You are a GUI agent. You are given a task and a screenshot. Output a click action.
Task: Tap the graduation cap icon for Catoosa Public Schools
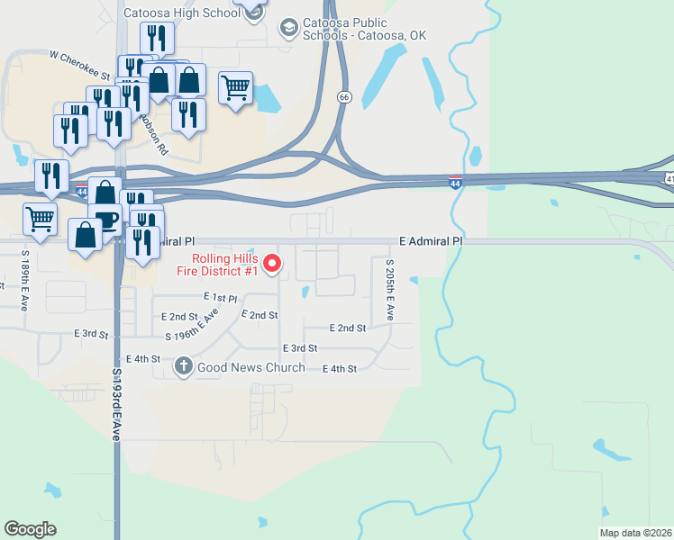(288, 27)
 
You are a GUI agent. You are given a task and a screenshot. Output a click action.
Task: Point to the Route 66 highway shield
(344, 96)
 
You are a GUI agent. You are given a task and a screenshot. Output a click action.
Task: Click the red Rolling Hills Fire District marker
(275, 265)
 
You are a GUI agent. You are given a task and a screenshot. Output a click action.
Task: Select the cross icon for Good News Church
(183, 366)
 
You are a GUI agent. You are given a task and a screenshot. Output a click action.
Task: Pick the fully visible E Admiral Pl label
(431, 241)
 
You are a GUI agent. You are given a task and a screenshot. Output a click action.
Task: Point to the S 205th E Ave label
(390, 291)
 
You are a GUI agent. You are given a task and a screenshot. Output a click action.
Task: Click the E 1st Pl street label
(220, 297)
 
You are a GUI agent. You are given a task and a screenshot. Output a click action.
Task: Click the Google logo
(30, 528)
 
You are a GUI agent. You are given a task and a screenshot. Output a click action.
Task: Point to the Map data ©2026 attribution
(636, 533)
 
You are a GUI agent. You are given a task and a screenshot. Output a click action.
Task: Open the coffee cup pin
(105, 220)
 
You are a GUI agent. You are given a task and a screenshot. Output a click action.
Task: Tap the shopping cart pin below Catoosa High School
(235, 88)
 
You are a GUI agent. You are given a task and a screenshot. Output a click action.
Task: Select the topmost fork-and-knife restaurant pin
(157, 38)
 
